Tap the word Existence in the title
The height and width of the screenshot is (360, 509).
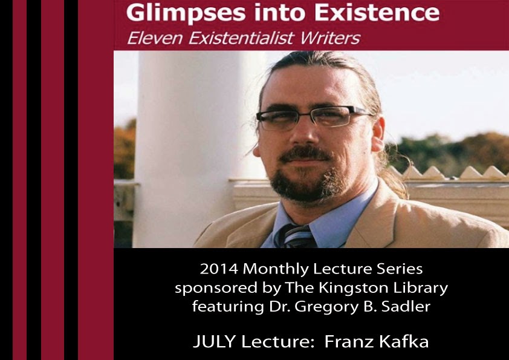[x=377, y=12]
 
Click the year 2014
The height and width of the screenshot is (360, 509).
[x=219, y=269]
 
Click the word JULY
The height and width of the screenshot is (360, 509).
[x=214, y=342]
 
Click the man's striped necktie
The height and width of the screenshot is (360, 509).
[x=297, y=236]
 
